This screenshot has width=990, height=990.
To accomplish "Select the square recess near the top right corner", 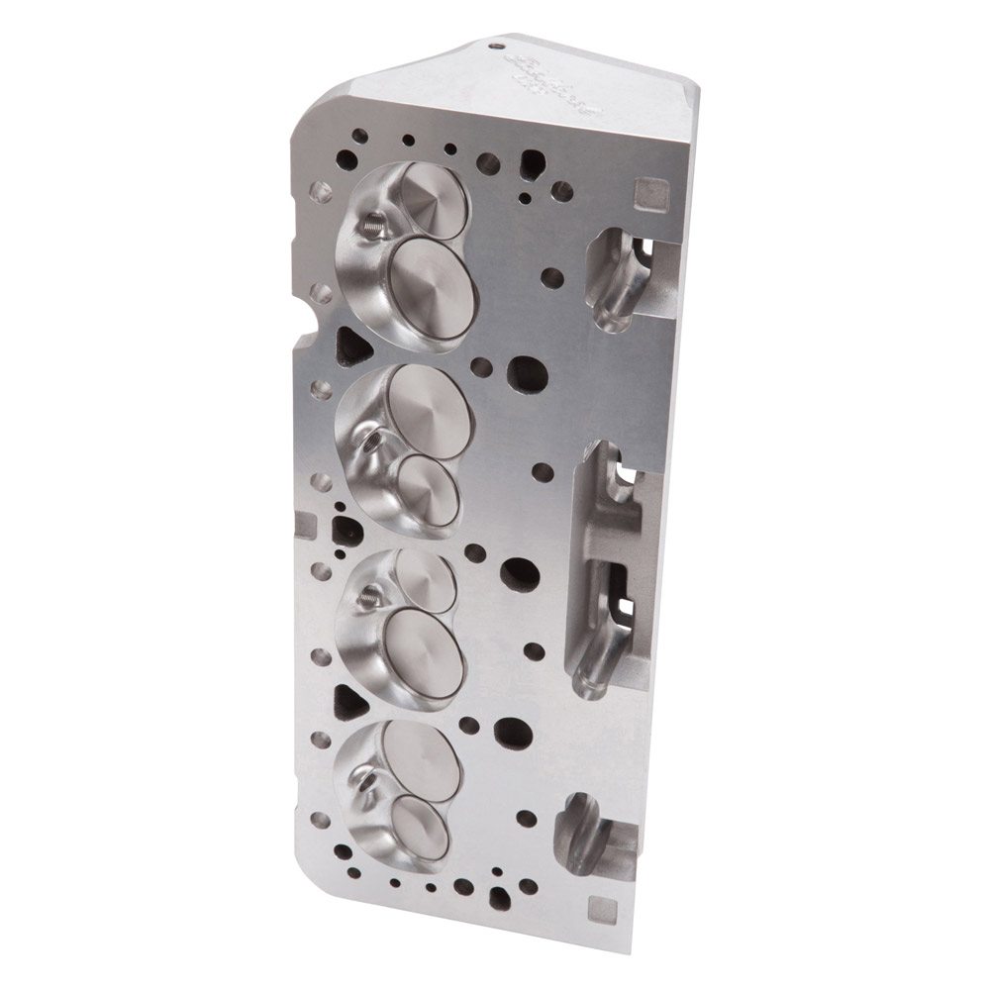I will (650, 190).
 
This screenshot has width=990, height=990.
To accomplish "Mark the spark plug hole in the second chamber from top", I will (370, 445).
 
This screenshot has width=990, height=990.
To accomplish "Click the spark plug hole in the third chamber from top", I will (368, 596).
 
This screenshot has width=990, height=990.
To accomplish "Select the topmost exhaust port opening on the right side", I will (619, 277).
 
